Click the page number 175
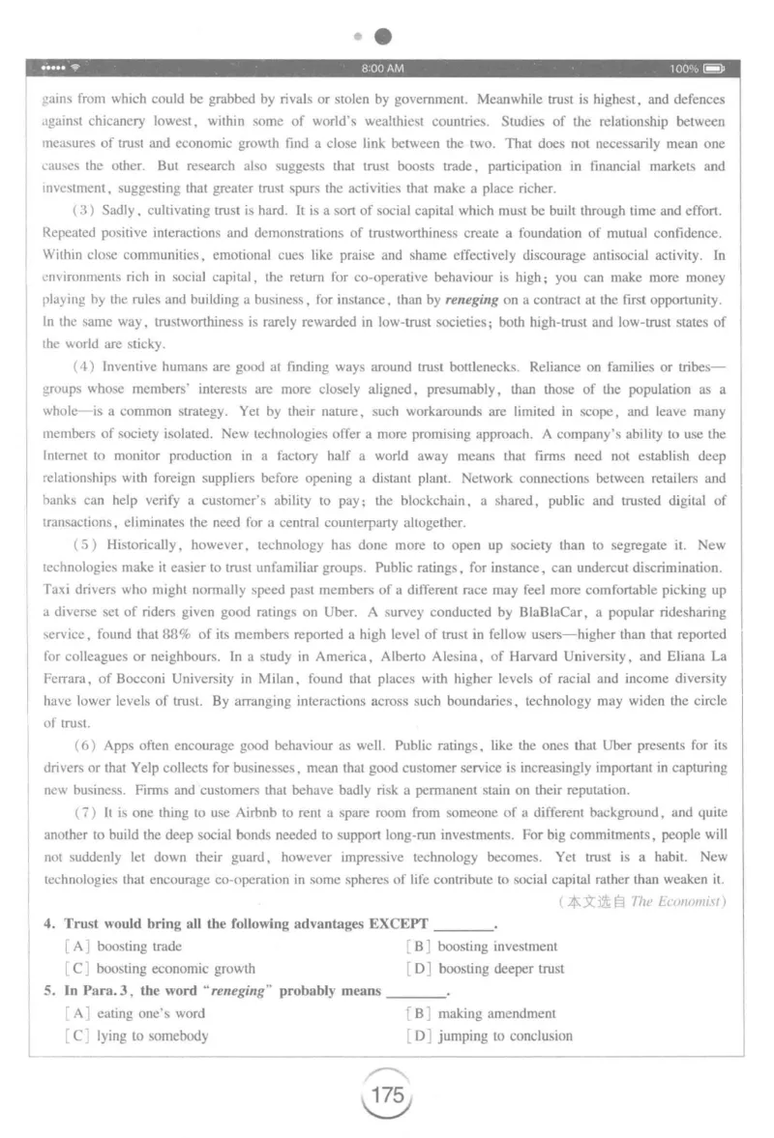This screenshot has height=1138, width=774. click(386, 1095)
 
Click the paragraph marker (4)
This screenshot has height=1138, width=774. click(84, 366)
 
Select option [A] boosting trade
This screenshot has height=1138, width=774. click(124, 946)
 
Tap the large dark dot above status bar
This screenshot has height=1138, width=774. click(383, 37)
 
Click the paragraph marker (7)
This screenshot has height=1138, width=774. click(84, 812)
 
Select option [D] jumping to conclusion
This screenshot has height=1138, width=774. click(491, 1036)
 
